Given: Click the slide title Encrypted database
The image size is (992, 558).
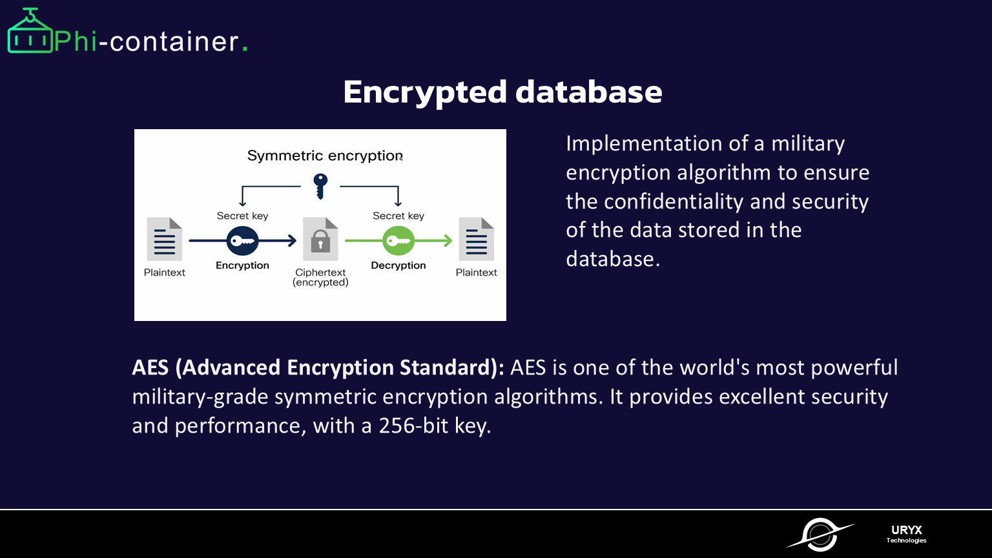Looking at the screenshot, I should click(502, 92).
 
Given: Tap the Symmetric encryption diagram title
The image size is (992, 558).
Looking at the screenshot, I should click(325, 156).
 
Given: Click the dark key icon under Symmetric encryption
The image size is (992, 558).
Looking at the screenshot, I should click(320, 186).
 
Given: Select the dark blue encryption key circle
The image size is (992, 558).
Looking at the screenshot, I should click(243, 242).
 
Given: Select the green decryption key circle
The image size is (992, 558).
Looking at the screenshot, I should click(398, 242).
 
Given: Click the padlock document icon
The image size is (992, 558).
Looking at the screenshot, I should click(320, 239).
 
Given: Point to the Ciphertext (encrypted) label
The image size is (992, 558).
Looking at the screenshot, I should click(320, 277).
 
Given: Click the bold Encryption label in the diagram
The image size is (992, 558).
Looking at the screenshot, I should click(242, 265).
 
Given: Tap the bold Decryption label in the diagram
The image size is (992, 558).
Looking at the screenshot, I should click(398, 265).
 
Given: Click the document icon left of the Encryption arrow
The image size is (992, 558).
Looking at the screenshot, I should click(165, 239).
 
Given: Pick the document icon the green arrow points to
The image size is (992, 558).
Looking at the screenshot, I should click(477, 239).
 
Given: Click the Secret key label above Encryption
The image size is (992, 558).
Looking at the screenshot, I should click(242, 216).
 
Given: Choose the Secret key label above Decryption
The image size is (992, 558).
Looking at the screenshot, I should click(398, 216).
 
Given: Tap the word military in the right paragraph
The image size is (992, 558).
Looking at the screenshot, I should click(808, 143).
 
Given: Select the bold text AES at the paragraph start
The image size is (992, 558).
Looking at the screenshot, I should click(150, 367).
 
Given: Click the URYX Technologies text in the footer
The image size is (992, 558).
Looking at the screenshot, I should click(906, 534).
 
